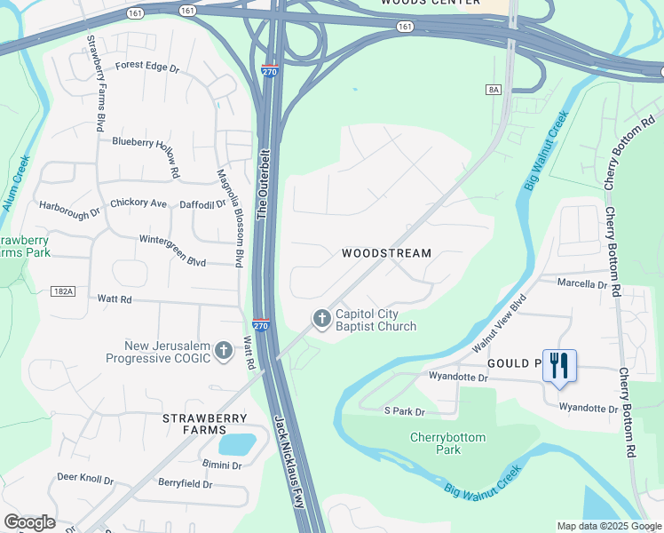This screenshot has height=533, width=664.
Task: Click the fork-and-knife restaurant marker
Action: point(559,366)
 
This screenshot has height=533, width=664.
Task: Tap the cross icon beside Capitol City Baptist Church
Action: point(321,317)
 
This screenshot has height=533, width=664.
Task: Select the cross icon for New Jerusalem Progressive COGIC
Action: point(223,350)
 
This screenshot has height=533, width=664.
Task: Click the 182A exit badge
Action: point(63,291)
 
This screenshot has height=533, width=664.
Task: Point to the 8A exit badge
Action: point(494,90)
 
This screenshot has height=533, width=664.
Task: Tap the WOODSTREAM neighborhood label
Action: point(387,253)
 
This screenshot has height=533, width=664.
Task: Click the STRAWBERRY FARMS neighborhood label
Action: point(194,424)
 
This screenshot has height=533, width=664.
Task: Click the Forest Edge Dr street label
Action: point(146,67)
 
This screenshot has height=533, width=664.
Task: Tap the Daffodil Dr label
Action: point(202,204)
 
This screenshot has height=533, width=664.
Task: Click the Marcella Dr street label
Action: point(581,284)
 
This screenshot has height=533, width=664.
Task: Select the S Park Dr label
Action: point(404,411)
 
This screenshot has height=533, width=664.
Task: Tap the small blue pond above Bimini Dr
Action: point(235,442)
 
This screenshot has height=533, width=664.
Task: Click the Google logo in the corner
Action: point(29,522)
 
